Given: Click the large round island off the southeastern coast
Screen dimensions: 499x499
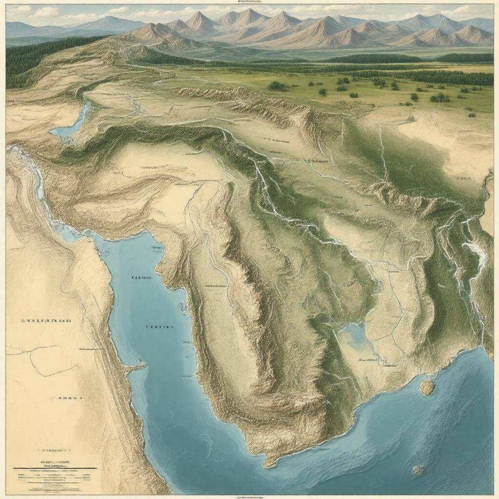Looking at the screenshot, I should click(427, 387).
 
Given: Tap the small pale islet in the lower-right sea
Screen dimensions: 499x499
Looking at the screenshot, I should click(418, 470).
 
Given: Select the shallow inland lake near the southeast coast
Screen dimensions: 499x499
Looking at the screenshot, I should click(354, 335).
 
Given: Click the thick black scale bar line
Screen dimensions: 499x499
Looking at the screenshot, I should click(55, 468).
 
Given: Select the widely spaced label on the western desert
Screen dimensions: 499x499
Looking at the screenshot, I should click(45, 321).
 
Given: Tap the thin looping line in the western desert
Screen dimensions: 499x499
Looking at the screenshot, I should click(39, 363).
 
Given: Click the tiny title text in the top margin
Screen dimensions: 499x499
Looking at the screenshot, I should click(249, 2).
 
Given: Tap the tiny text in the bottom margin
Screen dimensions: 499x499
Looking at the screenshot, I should click(249, 497).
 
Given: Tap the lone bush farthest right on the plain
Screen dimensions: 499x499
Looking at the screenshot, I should click(471, 115).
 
